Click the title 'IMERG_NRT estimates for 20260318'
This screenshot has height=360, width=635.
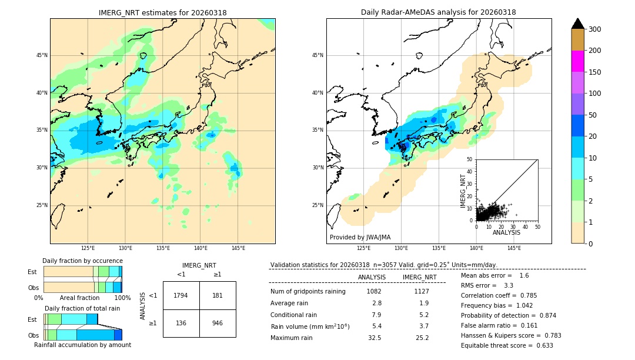pos(162,12)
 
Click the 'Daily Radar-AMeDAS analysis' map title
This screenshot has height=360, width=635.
pos(438,12)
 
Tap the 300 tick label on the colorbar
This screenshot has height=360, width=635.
pos(594,29)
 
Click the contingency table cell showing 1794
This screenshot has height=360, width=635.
pos(181,295)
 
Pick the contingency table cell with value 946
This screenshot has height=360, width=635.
pos(218,323)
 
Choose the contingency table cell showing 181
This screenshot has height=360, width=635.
pos(218,295)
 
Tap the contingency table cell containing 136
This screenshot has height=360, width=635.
pos(181,323)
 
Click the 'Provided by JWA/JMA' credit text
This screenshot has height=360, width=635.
pos(360,237)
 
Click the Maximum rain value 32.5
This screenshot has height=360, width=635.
pos(374,338)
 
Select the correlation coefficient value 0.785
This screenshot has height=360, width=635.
pos(524,295)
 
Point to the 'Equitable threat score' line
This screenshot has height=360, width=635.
pos(507,345)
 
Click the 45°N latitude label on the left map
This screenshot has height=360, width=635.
pos(42,55)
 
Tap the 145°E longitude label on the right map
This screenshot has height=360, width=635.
pos(514,248)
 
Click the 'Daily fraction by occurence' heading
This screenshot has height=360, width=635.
pos(82,261)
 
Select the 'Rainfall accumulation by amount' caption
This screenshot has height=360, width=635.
pos(82,345)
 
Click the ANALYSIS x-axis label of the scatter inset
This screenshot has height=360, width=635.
pos(506,232)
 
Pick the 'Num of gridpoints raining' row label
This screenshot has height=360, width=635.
pos(308,291)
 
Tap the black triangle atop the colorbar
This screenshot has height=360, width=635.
pos(577,24)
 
